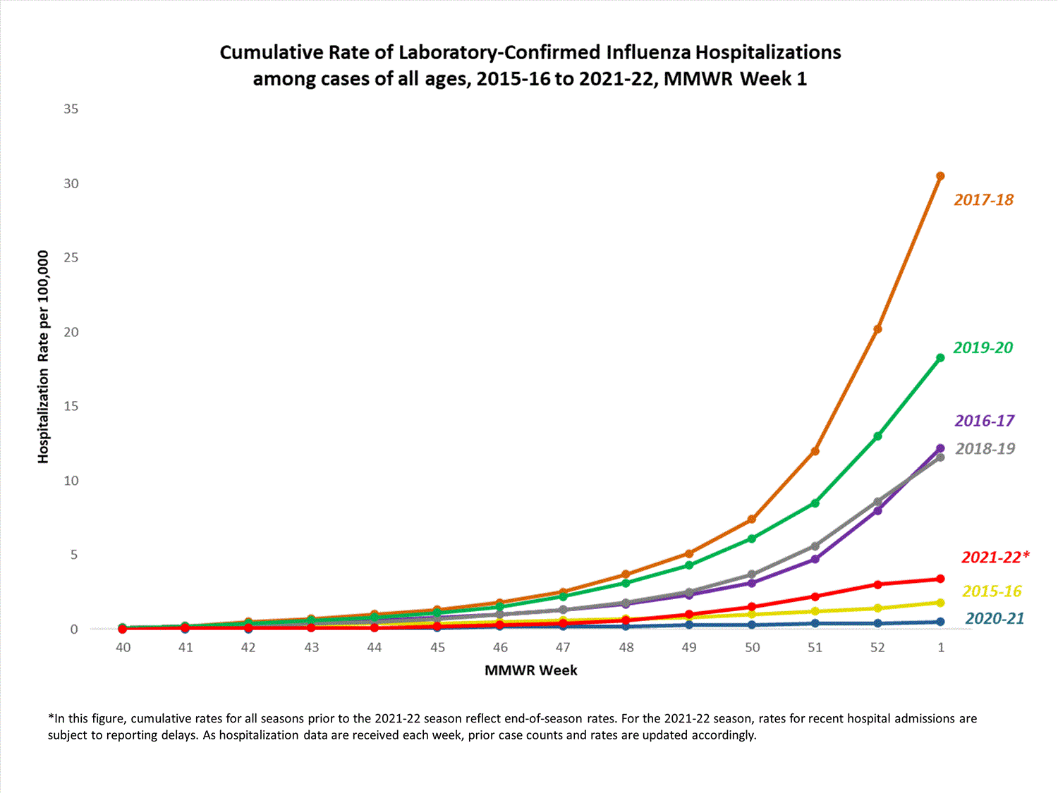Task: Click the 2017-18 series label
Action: pyautogui.click(x=983, y=200)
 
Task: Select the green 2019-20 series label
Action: pyautogui.click(x=983, y=348)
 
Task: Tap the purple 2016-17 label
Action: pyautogui.click(x=984, y=421)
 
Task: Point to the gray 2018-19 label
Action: pyautogui.click(x=985, y=449)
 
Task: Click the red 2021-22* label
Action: pyautogui.click(x=995, y=558)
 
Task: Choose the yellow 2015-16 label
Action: pyautogui.click(x=991, y=591)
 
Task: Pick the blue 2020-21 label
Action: pyautogui.click(x=994, y=619)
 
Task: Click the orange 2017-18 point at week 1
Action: pyautogui.click(x=940, y=176)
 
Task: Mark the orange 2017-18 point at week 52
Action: pyautogui.click(x=877, y=329)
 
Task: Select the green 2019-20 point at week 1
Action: pyautogui.click(x=940, y=358)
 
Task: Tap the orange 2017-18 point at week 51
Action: pyautogui.click(x=815, y=451)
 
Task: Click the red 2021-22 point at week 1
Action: pyautogui.click(x=940, y=579)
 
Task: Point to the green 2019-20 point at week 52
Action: pyautogui.click(x=877, y=436)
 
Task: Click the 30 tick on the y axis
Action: pyautogui.click(x=71, y=183)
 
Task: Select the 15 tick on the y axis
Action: pyautogui.click(x=71, y=406)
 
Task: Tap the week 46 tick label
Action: pyautogui.click(x=500, y=647)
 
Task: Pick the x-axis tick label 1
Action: pyautogui.click(x=941, y=647)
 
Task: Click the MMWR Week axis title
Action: pyautogui.click(x=530, y=670)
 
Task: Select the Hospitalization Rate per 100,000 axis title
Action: pyautogui.click(x=44, y=357)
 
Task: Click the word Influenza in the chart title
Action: pyautogui.click(x=648, y=53)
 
